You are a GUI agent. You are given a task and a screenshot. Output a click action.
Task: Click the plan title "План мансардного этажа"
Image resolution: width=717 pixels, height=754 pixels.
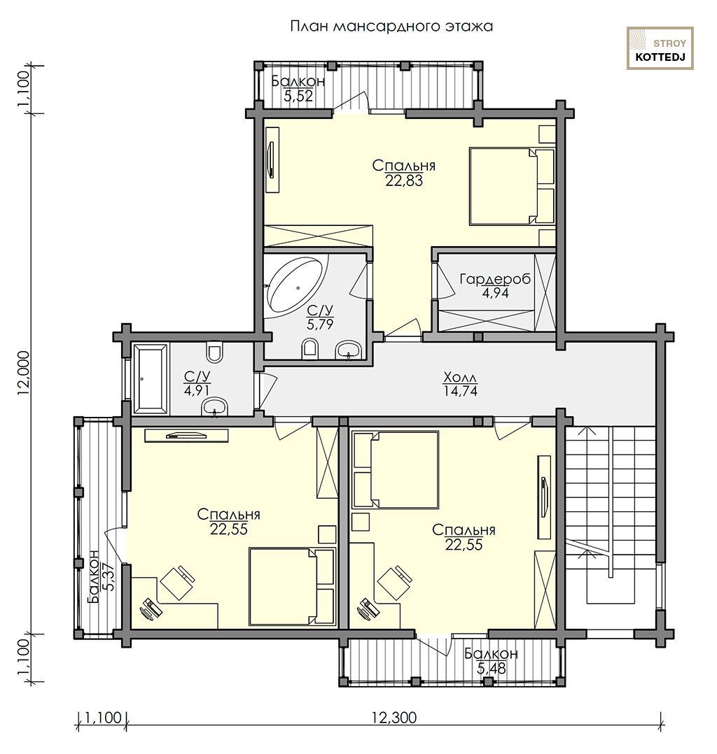pyautogui.click(x=391, y=26)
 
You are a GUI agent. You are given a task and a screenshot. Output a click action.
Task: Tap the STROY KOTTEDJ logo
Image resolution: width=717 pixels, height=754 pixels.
pyautogui.click(x=660, y=48)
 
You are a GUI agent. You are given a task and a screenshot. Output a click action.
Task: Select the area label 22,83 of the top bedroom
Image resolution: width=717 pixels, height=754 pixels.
pyautogui.click(x=404, y=180)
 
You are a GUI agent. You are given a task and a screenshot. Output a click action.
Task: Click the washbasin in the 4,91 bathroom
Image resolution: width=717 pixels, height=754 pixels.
pyautogui.click(x=214, y=407)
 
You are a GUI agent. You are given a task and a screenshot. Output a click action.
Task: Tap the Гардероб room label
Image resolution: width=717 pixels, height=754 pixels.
pyautogui.click(x=495, y=279)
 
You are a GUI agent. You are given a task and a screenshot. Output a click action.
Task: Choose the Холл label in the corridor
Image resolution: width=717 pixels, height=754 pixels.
pyautogui.click(x=460, y=376)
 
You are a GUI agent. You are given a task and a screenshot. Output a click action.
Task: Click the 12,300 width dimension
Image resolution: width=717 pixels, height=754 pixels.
pyautogui.click(x=394, y=718)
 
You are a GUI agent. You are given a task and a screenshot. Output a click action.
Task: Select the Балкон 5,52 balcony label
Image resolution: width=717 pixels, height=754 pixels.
pyautogui.click(x=298, y=88)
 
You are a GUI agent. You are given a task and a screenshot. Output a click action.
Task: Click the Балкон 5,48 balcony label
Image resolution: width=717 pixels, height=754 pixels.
pyautogui.click(x=491, y=661)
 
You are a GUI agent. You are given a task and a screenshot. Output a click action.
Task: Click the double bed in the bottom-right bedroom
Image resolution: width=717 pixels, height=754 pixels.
pyautogui.click(x=396, y=469)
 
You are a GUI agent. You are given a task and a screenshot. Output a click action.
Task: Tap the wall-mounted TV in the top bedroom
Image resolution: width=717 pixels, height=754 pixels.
pyautogui.click(x=272, y=160)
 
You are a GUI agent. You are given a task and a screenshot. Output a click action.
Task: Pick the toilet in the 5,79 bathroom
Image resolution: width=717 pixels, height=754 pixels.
pyautogui.click(x=311, y=349)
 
